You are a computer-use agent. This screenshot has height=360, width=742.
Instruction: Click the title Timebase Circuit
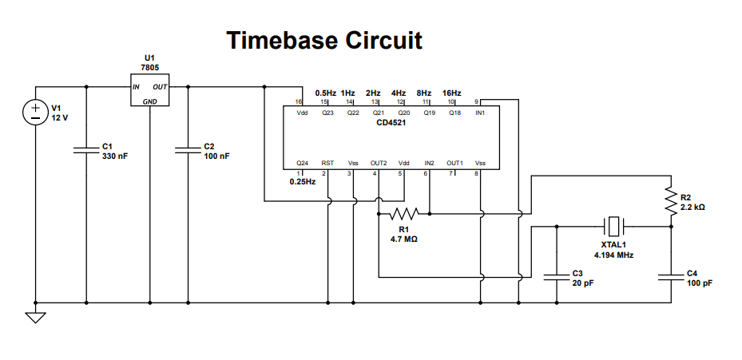(x=323, y=41)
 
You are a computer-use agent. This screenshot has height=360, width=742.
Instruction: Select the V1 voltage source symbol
(x=36, y=113)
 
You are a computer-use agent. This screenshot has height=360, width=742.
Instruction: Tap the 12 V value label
(x=62, y=117)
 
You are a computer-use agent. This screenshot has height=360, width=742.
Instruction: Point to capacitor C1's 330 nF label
(x=115, y=156)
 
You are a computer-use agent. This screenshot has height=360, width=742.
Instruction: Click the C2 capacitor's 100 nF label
(x=216, y=156)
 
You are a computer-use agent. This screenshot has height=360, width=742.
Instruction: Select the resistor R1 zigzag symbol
(x=404, y=214)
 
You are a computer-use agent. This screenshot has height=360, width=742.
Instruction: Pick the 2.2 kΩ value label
(x=692, y=207)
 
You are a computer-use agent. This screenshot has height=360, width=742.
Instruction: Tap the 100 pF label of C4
(x=699, y=283)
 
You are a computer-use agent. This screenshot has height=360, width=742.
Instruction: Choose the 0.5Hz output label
(x=326, y=93)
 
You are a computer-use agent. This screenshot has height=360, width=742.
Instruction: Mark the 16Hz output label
(x=450, y=93)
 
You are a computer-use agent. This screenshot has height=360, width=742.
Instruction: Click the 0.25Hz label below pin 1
(x=303, y=182)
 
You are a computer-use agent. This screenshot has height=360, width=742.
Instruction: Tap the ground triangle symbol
(x=35, y=318)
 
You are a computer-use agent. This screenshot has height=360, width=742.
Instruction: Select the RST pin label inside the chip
(x=327, y=162)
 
